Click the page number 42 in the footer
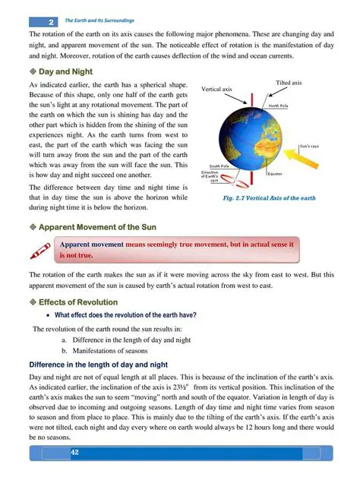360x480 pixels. pyautogui.click(x=75, y=453)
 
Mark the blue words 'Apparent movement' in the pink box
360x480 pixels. pyautogui.click(x=92, y=244)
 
